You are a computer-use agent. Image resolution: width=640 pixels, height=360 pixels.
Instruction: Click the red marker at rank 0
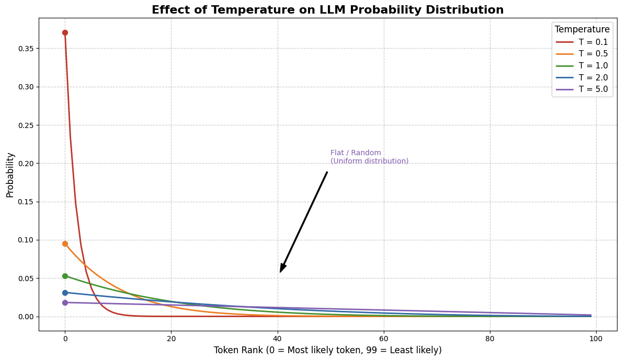pyautogui.click(x=65, y=32)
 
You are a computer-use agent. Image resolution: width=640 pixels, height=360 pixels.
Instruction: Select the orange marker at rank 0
pyautogui.click(x=65, y=243)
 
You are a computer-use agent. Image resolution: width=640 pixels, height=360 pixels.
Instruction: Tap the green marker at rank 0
pyautogui.click(x=65, y=276)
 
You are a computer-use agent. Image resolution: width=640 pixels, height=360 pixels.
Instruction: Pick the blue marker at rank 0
pyautogui.click(x=65, y=293)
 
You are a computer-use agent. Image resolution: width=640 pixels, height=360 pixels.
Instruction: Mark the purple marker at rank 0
pyautogui.click(x=65, y=303)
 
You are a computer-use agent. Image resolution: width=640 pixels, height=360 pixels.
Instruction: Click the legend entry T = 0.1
pyautogui.click(x=593, y=42)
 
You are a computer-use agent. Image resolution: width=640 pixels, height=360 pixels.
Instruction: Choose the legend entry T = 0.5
pyautogui.click(x=593, y=54)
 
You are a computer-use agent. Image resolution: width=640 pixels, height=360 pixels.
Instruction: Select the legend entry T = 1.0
pyautogui.click(x=593, y=66)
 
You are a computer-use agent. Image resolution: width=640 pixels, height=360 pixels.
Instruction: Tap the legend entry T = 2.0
pyautogui.click(x=593, y=78)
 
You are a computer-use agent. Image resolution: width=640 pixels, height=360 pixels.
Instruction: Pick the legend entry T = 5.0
pyautogui.click(x=593, y=89)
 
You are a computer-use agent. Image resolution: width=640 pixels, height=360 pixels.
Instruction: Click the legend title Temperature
pyautogui.click(x=582, y=30)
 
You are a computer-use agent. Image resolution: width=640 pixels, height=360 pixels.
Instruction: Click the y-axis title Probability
pyautogui.click(x=10, y=175)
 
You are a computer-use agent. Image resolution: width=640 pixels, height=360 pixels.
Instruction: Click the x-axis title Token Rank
pyautogui.click(x=327, y=350)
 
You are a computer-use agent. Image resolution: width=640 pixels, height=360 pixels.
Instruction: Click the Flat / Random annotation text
pyautogui.click(x=369, y=157)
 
